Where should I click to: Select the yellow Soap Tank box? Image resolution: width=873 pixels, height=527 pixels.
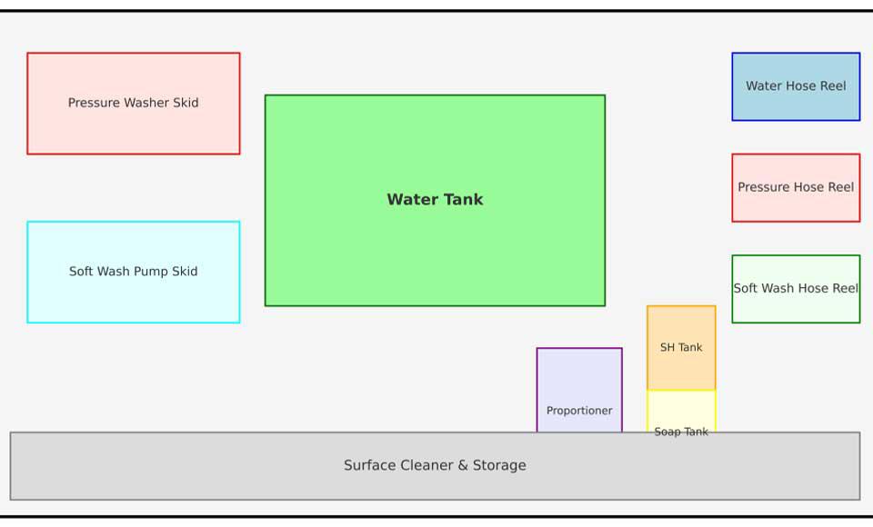coord(681,409)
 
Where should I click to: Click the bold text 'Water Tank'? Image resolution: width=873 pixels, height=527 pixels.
coord(435,200)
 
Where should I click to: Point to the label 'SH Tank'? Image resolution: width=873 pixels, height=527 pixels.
coord(681,347)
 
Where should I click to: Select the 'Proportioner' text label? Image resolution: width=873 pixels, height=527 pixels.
coord(579,411)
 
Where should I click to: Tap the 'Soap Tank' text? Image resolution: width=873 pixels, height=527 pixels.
coord(681,431)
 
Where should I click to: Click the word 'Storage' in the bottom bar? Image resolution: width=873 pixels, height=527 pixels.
coord(498,465)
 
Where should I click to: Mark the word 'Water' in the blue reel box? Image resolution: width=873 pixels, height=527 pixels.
coord(764,86)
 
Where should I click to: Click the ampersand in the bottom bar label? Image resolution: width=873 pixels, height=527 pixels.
coord(463,465)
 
